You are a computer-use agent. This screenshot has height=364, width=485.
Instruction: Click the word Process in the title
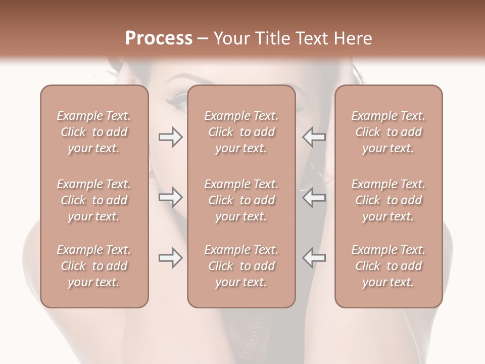(x=158, y=38)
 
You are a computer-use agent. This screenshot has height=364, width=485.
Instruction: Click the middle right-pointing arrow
(x=171, y=197)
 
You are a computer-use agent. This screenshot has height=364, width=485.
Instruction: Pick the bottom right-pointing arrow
(x=171, y=258)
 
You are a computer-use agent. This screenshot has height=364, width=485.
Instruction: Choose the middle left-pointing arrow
(x=314, y=197)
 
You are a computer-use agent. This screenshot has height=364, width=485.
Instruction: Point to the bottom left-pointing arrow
(x=314, y=258)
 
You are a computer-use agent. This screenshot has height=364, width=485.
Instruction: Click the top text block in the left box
(x=94, y=132)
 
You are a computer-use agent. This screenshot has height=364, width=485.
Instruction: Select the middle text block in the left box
(x=94, y=200)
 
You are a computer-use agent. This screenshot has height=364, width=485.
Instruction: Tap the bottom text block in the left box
(x=94, y=266)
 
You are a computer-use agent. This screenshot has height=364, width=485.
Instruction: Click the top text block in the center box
(x=241, y=132)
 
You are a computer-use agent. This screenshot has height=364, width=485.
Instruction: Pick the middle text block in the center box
(x=241, y=200)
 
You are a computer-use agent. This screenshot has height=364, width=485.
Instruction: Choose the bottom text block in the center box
(x=241, y=266)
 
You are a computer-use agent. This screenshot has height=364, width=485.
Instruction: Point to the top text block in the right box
(x=389, y=132)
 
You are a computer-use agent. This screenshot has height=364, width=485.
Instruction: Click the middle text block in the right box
(x=389, y=200)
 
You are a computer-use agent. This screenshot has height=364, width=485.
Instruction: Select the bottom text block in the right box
(x=389, y=266)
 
